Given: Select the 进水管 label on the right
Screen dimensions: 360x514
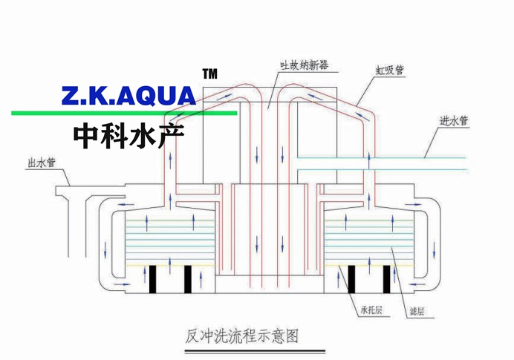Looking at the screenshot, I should click(x=454, y=121).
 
